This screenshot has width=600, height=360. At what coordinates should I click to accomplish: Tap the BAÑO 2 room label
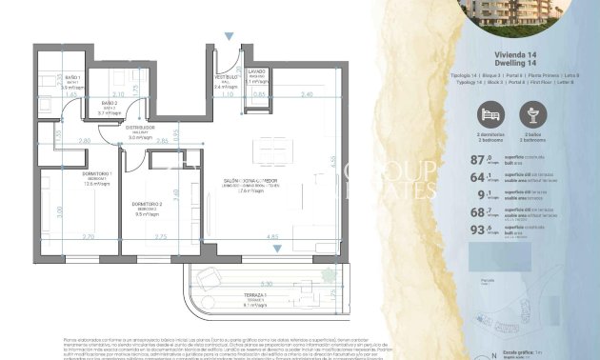click(x=109, y=102)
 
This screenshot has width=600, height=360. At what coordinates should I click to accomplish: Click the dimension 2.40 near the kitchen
click(x=305, y=94)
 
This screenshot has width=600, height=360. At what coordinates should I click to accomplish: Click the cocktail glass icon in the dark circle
click(x=533, y=114)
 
